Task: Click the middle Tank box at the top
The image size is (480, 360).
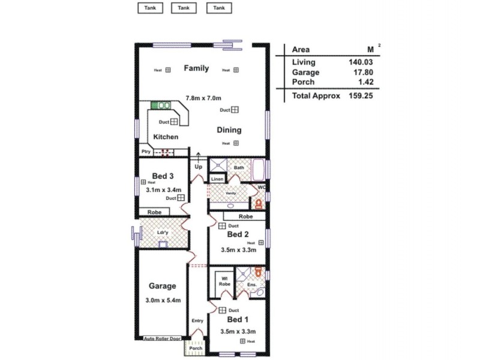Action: point(184,8)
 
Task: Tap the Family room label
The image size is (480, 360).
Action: point(196,68)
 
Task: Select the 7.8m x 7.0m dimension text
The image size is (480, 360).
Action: point(203,98)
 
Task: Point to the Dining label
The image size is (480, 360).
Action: point(229,130)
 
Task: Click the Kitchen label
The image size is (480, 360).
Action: point(166,137)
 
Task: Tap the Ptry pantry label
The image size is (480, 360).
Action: point(145,152)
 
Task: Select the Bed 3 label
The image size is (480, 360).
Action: point(163,176)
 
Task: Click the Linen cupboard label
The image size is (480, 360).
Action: point(217,179)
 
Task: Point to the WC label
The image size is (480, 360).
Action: point(261,187)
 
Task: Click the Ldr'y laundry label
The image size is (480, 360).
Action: point(162,232)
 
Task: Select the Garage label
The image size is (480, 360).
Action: point(163,286)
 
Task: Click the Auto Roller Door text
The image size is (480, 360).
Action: point(162,338)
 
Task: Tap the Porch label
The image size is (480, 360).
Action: point(196,348)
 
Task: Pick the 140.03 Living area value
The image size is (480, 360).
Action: point(361,62)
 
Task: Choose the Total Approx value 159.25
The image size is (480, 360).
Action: point(361,95)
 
